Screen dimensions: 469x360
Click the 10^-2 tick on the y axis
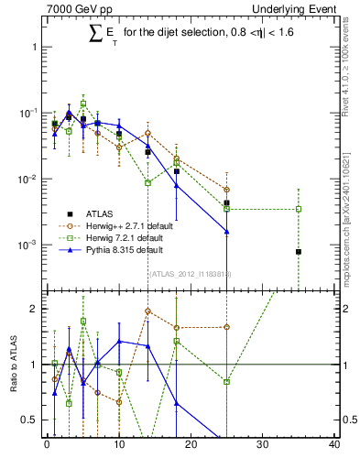click(x=27, y=179)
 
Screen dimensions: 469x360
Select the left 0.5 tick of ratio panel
click(x=31, y=420)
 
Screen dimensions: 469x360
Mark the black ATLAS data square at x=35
click(x=299, y=252)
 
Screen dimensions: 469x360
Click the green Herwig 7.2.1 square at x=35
click(x=299, y=209)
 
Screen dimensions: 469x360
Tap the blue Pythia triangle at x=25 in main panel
click(x=226, y=232)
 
